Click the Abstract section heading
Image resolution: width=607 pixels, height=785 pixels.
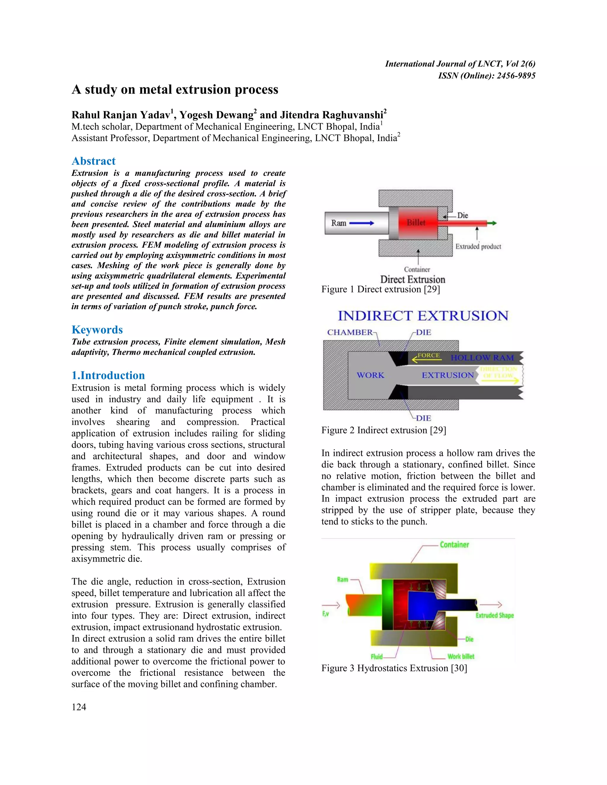(x=93, y=161)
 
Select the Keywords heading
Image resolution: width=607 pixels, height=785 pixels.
(x=97, y=330)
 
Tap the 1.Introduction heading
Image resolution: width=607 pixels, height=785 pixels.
(x=108, y=375)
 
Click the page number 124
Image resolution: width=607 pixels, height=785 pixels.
(x=79, y=707)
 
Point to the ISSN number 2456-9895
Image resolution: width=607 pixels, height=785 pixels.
(x=516, y=76)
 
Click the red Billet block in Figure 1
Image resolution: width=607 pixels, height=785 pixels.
(x=416, y=223)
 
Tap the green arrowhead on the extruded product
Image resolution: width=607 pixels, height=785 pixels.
(x=494, y=223)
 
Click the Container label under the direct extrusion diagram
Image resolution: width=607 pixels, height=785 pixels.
(x=417, y=269)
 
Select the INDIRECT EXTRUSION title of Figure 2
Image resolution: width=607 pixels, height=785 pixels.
(x=423, y=316)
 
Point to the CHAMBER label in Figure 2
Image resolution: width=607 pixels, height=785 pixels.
(x=349, y=332)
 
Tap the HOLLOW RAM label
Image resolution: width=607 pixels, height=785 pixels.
(x=482, y=358)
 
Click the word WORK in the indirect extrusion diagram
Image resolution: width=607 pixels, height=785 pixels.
(x=370, y=375)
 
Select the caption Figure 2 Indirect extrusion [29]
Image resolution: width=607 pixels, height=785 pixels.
(x=383, y=430)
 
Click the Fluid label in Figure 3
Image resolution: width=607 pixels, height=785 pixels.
(x=376, y=657)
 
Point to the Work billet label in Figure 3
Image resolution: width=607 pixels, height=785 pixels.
(x=461, y=656)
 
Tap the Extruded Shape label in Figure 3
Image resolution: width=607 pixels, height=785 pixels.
(x=494, y=615)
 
